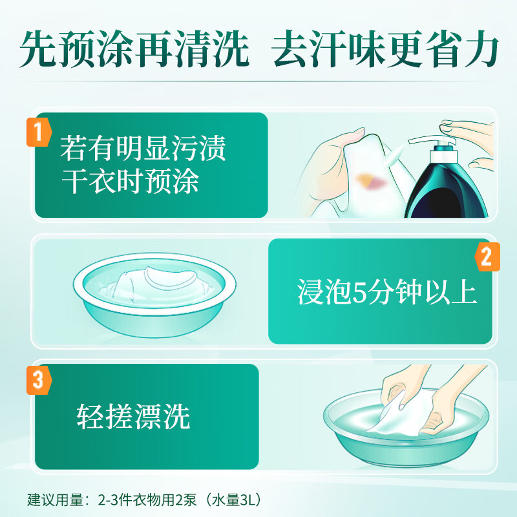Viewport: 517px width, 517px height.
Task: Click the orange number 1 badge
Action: pos(39,132)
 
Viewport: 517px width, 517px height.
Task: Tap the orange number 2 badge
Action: pos(487,257)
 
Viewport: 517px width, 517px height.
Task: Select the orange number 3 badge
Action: pos(39,380)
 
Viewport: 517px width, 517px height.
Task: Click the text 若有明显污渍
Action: pos(143,148)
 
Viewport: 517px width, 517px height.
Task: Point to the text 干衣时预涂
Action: pos(130,181)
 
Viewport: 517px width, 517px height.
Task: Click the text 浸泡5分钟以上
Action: pos(386,292)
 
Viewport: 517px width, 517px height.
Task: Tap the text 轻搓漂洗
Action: pos(133,416)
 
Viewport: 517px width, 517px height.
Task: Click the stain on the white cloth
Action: pos(371,182)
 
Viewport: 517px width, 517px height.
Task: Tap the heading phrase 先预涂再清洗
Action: pos(134,49)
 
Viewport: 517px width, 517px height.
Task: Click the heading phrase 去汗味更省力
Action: pos(385,49)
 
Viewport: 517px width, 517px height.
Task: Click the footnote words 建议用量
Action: pos(55,500)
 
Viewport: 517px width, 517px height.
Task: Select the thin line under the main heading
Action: pos(258,81)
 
